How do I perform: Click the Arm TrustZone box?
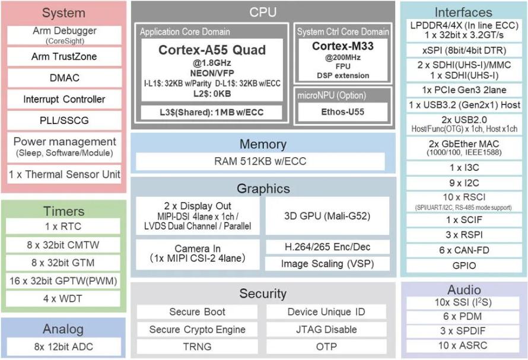[x=64, y=56]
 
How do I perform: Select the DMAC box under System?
[x=64, y=78]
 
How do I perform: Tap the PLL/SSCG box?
[x=64, y=120]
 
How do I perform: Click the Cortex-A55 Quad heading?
[x=212, y=50]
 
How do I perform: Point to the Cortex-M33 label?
[x=343, y=46]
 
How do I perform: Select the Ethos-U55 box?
[x=343, y=112]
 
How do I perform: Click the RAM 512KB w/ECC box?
[x=260, y=161]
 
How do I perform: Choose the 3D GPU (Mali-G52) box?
[x=327, y=216]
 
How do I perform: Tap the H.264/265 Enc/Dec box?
[x=327, y=247]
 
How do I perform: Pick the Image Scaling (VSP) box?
[x=327, y=264]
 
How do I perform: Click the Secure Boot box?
[x=197, y=312]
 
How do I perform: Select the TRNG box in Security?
[x=197, y=346]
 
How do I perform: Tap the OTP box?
[x=326, y=346]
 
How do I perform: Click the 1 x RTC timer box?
[x=63, y=227]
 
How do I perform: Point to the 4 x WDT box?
[x=63, y=299]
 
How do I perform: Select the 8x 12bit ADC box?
[x=63, y=346]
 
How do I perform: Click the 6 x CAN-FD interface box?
[x=464, y=250]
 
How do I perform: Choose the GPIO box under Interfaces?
[x=464, y=266]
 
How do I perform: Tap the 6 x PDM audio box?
[x=463, y=317]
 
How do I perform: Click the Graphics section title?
[x=263, y=189]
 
